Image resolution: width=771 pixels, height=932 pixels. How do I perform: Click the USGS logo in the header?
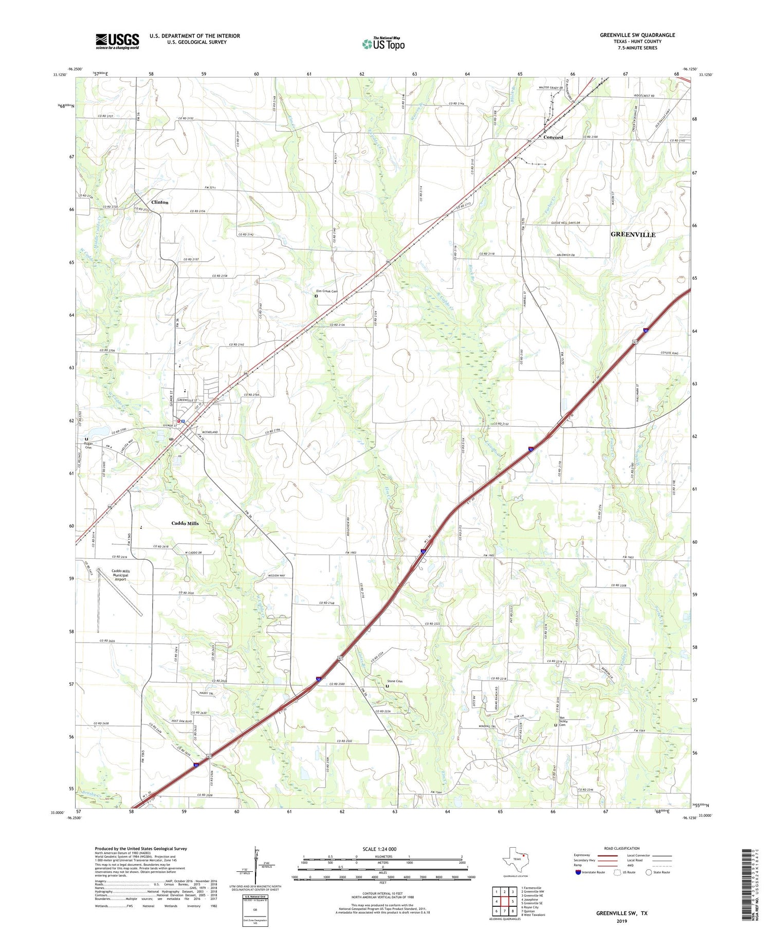[x=117, y=41]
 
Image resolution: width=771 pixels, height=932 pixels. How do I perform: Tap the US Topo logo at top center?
[x=383, y=44]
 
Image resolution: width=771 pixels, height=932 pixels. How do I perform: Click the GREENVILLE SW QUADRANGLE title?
[x=637, y=35]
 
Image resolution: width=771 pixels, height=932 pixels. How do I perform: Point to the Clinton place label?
[x=159, y=202]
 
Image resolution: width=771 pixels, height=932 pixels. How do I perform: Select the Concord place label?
[x=553, y=137]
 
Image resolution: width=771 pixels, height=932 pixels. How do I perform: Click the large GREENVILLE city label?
[x=633, y=234]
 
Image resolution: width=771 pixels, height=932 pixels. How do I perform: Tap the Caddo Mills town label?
[x=185, y=523]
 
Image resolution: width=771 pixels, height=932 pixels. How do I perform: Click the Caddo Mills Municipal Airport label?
[x=120, y=575]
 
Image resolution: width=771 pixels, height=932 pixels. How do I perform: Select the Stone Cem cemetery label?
[x=394, y=682]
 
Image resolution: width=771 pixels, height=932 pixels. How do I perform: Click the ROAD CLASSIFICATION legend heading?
[x=621, y=848]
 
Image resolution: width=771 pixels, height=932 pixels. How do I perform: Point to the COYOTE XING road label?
[x=669, y=353]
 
